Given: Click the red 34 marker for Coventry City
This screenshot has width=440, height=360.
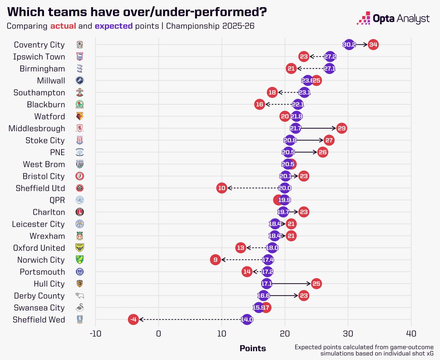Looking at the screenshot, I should [373, 45].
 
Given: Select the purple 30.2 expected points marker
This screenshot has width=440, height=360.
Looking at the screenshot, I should [349, 45].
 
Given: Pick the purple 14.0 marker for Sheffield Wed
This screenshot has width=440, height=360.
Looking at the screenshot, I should [247, 320].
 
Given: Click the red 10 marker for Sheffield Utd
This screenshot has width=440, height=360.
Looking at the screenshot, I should [221, 188].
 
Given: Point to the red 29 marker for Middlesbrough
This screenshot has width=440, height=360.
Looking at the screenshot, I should [341, 128].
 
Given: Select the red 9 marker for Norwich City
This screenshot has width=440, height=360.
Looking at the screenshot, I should [215, 260].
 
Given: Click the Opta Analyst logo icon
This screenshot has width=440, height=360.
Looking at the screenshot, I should [363, 18].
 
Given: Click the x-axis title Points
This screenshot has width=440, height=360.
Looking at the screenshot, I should [253, 348].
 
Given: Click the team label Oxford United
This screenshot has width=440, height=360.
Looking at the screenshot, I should [39, 248].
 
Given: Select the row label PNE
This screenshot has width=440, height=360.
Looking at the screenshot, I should [57, 152].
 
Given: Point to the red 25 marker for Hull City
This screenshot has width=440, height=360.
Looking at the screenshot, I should [316, 284].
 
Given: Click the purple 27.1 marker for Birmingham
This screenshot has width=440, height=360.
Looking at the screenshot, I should [329, 69].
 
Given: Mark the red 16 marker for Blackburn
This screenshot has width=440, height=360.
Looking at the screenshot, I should [260, 104].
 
